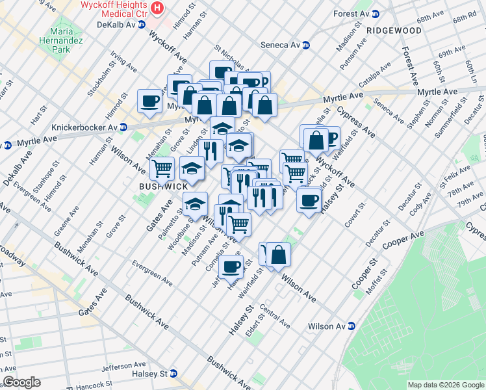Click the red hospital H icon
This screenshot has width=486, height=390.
157,8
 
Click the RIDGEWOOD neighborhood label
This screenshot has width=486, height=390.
393,31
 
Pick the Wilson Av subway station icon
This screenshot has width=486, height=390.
352,326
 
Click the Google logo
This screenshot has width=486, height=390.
21,382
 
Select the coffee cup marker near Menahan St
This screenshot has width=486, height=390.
149,101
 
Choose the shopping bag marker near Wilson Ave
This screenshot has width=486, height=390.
278,254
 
